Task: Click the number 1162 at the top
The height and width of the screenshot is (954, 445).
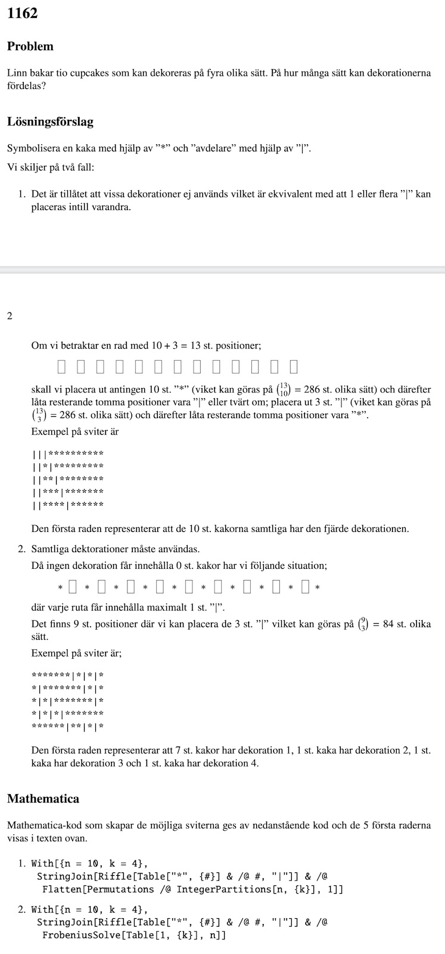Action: pyautogui.click(x=23, y=13)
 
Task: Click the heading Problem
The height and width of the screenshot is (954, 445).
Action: pyautogui.click(x=30, y=47)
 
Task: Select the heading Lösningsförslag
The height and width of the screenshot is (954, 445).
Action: pyautogui.click(x=50, y=122)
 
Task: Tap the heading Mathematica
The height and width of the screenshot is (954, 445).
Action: pyautogui.click(x=43, y=799)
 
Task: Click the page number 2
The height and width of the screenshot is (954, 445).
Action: pyautogui.click(x=10, y=316)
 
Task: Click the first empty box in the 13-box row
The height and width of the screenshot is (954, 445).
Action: pyautogui.click(x=61, y=366)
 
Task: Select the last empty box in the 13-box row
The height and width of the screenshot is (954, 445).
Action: pyautogui.click(x=294, y=366)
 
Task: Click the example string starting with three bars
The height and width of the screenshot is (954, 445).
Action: pyautogui.click(x=69, y=454)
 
